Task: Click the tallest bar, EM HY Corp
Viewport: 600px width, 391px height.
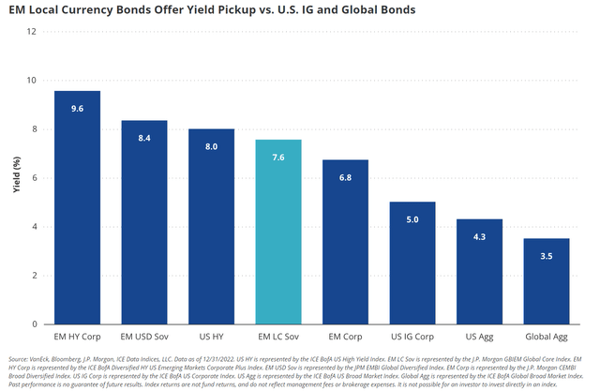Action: pos(78,206)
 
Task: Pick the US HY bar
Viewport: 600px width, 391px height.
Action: pos(212,225)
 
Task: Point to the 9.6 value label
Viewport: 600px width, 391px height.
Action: pos(78,108)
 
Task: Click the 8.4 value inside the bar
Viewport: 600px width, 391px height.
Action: pos(144,137)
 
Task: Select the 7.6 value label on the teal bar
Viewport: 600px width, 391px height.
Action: pos(278,157)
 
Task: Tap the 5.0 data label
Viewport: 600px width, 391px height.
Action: pos(412,219)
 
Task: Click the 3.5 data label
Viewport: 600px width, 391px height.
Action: pos(547,256)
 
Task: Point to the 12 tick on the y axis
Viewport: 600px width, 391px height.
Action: pos(33,31)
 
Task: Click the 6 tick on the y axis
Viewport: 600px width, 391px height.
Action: pos(35,177)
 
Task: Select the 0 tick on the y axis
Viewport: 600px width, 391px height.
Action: pos(35,323)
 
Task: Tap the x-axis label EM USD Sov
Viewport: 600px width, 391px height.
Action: pos(144,335)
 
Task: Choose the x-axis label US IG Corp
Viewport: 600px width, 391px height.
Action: pos(412,335)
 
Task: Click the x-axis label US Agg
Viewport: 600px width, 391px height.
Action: pos(479,335)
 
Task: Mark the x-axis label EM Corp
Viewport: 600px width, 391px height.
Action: pos(345,335)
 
